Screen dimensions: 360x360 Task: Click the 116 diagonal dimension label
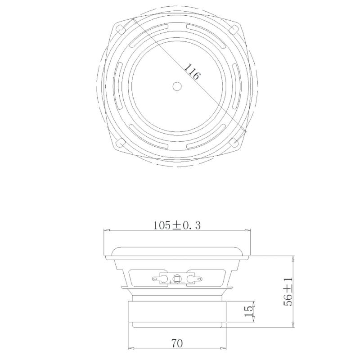tap(192, 72)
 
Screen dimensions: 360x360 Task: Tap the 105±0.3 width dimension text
tap(177, 225)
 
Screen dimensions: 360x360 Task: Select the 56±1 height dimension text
tap(288, 292)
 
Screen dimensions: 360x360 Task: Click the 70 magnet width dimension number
tap(177, 343)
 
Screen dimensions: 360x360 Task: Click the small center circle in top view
tap(177, 85)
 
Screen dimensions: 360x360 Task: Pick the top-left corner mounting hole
tap(121, 28)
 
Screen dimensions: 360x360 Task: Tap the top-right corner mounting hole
tap(233, 28)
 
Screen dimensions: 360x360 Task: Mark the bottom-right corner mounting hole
tap(234, 142)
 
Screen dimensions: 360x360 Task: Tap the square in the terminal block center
tap(177, 279)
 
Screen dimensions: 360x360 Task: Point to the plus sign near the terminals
tap(171, 282)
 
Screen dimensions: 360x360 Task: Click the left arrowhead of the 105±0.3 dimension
tap(107, 231)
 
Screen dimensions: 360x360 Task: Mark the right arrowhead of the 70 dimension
tap(223, 349)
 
